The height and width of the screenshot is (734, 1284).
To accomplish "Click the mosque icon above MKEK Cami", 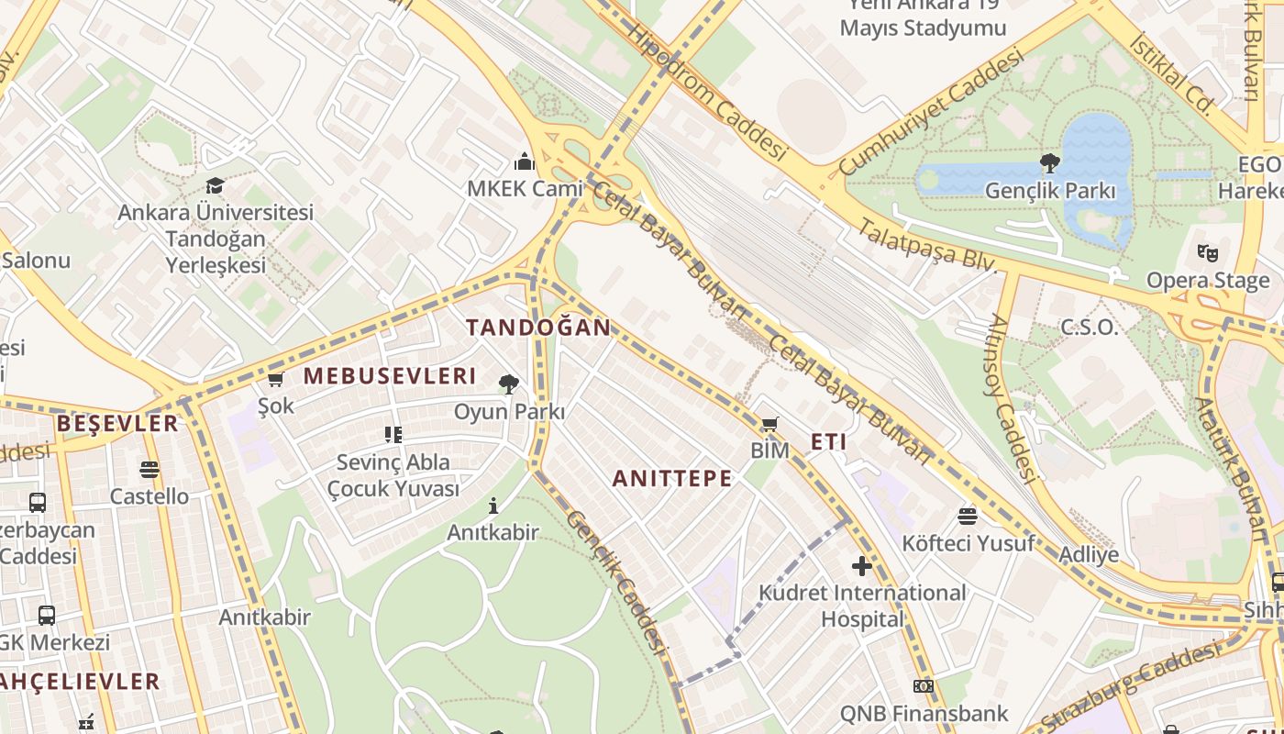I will tap(525, 162).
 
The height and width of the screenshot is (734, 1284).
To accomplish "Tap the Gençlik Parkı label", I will tap(1050, 191).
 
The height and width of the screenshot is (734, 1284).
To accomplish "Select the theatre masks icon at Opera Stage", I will tap(1208, 251).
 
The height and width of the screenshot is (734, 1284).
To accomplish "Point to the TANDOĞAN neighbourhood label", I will tap(538, 328).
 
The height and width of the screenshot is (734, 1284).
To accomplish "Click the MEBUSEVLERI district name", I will tap(390, 376).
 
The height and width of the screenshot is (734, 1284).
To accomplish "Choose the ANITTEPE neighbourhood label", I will tap(672, 479).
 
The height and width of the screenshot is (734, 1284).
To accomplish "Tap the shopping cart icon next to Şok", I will tap(275, 379).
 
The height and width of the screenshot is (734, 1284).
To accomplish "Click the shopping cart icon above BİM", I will tap(769, 424).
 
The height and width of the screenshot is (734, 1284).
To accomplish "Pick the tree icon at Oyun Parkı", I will tap(509, 384).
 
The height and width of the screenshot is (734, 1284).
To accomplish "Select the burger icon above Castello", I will tap(149, 470).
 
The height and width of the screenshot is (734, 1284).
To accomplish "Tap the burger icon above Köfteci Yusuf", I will tap(968, 516).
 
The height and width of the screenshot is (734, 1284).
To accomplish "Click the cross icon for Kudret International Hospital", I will tap(861, 566).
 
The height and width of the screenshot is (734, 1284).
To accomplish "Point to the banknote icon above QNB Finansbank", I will tap(924, 686).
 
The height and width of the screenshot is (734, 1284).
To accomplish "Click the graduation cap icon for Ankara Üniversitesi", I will tap(215, 185).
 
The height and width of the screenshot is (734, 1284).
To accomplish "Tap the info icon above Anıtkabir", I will tap(493, 506).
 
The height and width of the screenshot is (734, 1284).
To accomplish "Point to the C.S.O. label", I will tap(1090, 328).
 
